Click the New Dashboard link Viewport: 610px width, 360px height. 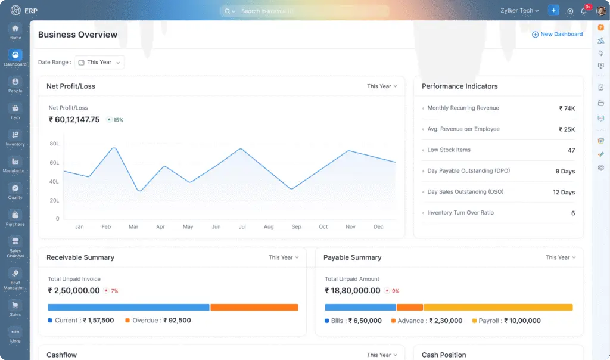(x=557, y=35)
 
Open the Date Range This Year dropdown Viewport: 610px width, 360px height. (x=100, y=62)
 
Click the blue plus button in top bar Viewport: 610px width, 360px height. (x=553, y=11)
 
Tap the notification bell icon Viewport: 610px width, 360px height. (x=584, y=11)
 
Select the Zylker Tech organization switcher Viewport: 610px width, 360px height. (x=519, y=11)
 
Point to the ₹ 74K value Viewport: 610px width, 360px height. (x=567, y=108)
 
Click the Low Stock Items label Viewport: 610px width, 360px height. (x=449, y=150)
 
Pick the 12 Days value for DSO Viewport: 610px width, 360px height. (x=564, y=193)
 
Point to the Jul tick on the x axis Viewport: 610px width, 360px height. (x=242, y=227)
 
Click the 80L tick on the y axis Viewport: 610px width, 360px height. (x=54, y=144)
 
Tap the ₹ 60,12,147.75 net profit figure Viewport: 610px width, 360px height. (x=74, y=120)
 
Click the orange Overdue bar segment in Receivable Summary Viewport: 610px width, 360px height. (x=254, y=308)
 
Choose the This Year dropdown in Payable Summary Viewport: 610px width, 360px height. (x=561, y=257)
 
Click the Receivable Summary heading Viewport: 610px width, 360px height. (x=80, y=257)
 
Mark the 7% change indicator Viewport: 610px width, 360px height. (x=111, y=291)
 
